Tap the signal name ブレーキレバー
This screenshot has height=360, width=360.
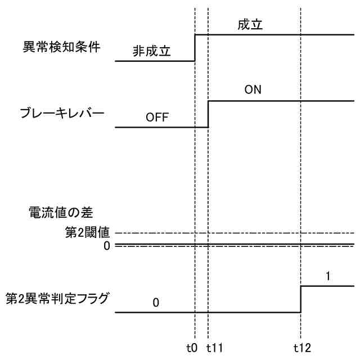[x=62, y=113]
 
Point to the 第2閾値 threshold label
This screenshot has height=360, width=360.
[x=87, y=232]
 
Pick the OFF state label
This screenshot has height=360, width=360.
[x=157, y=118]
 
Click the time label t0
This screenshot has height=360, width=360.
[x=192, y=348]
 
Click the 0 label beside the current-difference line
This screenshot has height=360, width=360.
[x=106, y=245]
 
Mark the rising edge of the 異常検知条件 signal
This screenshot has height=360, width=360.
[x=195, y=47]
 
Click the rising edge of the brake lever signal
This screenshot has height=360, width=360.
[x=208, y=114]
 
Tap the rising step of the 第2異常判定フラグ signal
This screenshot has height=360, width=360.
[x=301, y=299]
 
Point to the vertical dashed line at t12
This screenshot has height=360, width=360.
[x=301, y=169]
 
